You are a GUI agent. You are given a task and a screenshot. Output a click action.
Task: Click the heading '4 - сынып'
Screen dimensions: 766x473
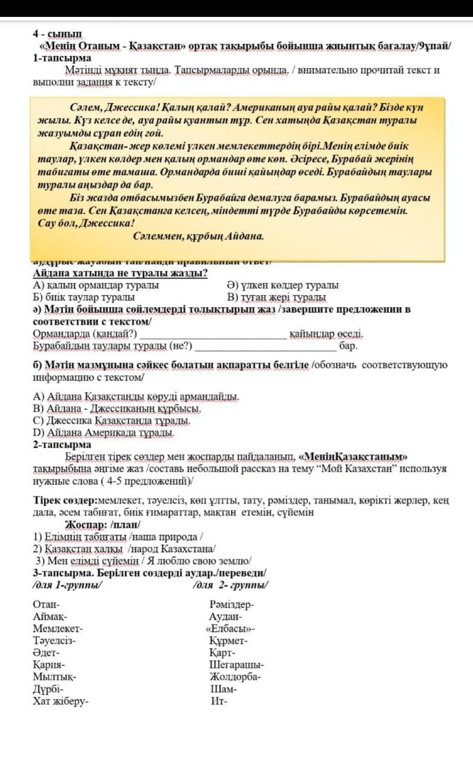[x=57, y=34]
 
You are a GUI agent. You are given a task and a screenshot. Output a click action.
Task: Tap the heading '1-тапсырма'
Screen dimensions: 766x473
[x=62, y=58]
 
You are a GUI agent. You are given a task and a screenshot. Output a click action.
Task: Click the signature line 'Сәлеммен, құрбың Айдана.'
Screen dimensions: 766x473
[x=198, y=236]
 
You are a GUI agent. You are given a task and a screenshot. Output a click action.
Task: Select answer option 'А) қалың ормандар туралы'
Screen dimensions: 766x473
[x=96, y=285]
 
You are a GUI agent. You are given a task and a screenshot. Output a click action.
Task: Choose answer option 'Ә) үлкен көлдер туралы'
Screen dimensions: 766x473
[x=283, y=285]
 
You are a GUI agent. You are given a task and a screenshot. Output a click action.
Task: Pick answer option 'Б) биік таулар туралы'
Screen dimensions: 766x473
[x=84, y=297]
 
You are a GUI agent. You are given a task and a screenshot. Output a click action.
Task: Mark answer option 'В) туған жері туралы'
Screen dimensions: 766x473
[x=276, y=297]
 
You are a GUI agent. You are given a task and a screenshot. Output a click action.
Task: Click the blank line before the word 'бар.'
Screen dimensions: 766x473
[x=266, y=346]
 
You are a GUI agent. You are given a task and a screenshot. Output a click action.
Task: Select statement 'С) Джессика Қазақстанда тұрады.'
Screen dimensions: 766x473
[x=112, y=420]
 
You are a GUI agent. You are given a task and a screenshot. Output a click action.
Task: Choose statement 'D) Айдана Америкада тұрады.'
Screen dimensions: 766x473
[x=104, y=432]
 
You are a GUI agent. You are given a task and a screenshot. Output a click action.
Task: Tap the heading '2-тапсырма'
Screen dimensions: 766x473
[x=62, y=444]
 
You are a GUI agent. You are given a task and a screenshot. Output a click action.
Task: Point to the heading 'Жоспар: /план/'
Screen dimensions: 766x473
[x=102, y=525]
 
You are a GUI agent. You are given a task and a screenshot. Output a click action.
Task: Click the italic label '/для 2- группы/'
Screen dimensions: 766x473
[x=230, y=585]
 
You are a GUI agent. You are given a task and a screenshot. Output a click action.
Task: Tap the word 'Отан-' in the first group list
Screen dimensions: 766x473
[x=46, y=604]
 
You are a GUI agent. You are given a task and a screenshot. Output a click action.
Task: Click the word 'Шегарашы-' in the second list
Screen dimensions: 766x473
[x=236, y=665]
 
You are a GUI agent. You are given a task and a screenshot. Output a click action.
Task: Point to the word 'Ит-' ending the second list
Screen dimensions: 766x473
[x=219, y=701]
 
